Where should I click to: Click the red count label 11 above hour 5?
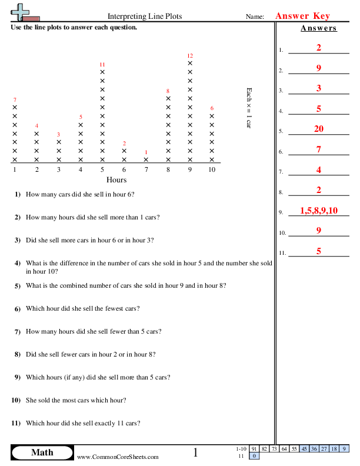click(102, 64)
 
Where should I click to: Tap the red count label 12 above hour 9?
click(190, 55)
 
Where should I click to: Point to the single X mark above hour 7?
click(146, 159)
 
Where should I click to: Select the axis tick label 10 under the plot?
click(212, 170)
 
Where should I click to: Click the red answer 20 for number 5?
click(318, 129)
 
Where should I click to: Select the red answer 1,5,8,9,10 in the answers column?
click(318, 210)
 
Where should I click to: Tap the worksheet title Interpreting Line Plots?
click(145, 17)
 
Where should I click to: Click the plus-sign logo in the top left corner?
click(22, 12)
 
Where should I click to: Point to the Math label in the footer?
click(42, 452)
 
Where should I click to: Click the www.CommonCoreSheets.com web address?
click(118, 457)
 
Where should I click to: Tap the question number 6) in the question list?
click(18, 308)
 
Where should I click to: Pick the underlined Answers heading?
click(318, 28)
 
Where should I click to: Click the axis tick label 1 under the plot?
click(15, 170)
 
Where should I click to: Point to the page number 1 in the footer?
click(195, 452)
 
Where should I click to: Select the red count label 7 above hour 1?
click(15, 99)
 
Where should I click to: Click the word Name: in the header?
click(255, 17)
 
